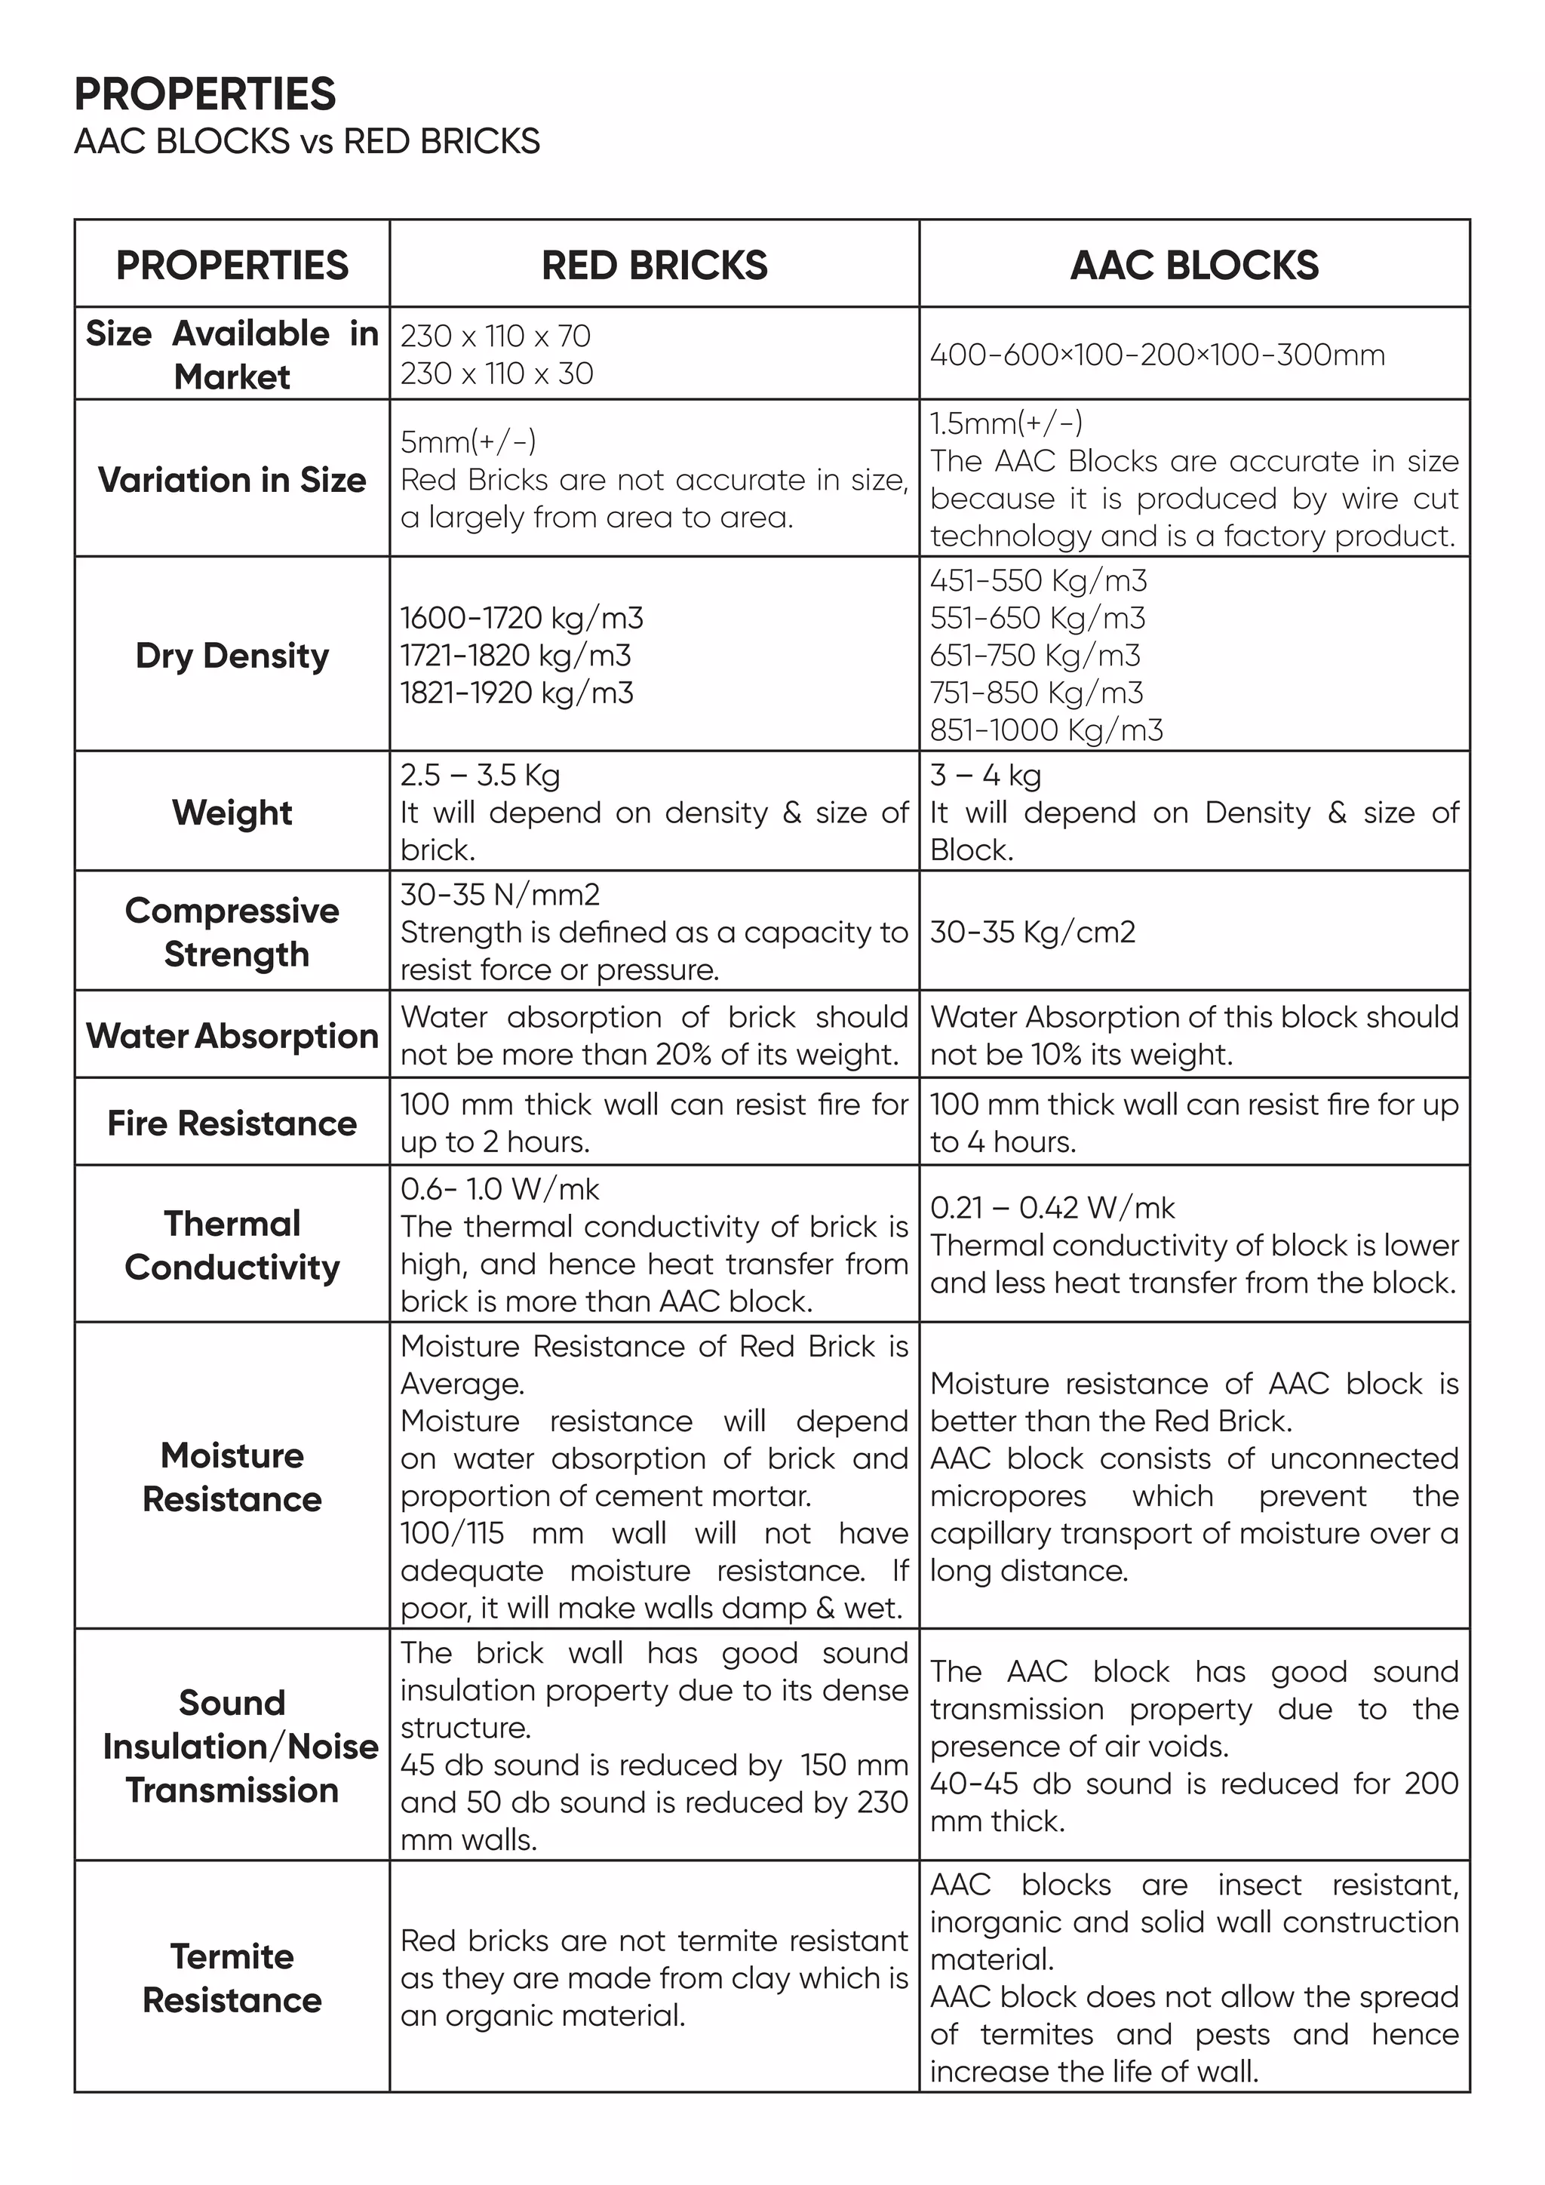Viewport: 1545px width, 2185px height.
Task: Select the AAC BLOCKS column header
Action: (1194, 265)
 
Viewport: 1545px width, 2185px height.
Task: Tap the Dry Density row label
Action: (232, 655)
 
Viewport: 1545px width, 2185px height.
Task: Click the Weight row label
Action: (232, 812)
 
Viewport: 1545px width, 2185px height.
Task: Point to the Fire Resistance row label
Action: (232, 1123)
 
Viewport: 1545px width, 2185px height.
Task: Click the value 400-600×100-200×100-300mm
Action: (1156, 355)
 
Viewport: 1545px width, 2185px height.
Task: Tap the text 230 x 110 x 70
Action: (495, 336)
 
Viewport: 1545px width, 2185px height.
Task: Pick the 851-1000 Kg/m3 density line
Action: (1046, 730)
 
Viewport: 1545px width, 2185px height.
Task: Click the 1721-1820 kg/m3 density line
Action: (516, 655)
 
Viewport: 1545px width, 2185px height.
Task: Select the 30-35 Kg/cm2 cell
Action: (1032, 931)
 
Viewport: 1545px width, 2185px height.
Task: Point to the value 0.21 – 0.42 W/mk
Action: (1052, 1208)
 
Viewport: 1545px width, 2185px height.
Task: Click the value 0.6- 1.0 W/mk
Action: (499, 1188)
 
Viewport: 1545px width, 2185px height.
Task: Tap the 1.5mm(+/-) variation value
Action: (1006, 423)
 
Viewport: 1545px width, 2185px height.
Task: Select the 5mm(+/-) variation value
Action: (468, 441)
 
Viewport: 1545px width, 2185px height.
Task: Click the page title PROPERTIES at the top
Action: (204, 94)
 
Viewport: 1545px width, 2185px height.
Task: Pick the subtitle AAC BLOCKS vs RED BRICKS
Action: (306, 142)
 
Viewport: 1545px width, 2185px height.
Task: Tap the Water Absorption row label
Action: (232, 1035)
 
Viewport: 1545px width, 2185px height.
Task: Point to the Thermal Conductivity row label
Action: (232, 1245)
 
